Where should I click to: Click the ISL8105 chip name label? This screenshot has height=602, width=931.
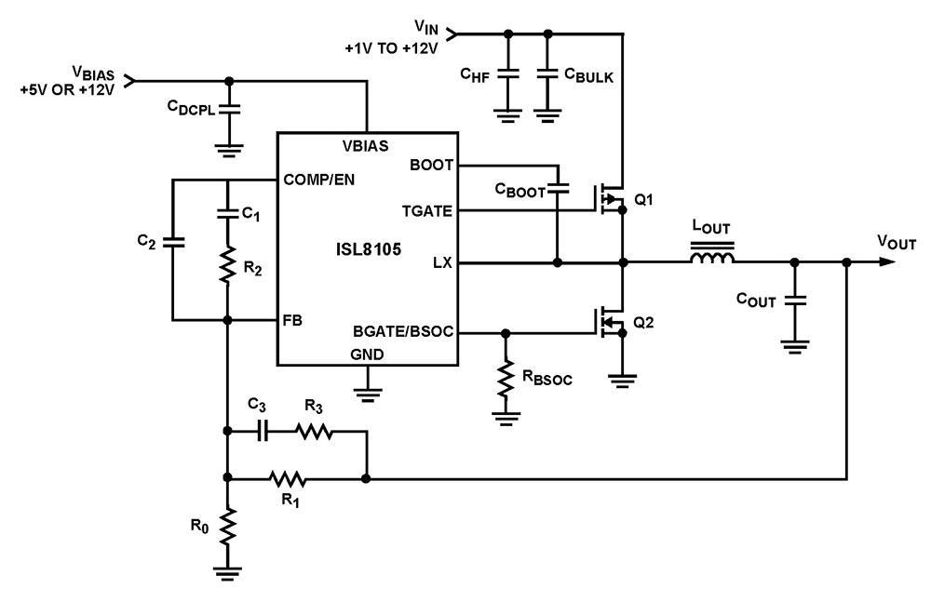(x=368, y=248)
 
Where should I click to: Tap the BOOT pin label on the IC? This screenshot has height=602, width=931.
(x=431, y=165)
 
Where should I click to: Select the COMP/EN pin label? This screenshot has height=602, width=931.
(x=318, y=180)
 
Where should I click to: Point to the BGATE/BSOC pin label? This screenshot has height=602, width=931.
(x=403, y=331)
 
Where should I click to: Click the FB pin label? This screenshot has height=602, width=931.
(x=292, y=321)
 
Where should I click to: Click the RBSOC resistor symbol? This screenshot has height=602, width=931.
(x=506, y=379)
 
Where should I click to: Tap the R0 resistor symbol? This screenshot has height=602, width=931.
(x=227, y=527)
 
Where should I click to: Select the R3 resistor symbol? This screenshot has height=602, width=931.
(x=314, y=432)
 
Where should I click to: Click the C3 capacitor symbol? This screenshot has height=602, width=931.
(x=263, y=432)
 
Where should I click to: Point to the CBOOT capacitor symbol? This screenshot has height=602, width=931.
(x=558, y=189)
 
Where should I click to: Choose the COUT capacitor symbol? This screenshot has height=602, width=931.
(x=795, y=301)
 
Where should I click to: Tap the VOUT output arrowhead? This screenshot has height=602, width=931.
(x=887, y=261)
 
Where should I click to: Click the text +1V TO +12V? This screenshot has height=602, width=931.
(x=391, y=48)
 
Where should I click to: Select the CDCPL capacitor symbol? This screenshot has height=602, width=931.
(x=229, y=110)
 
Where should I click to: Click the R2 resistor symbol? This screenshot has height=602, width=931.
(x=227, y=265)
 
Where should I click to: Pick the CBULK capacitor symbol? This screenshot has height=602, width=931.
(x=548, y=74)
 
